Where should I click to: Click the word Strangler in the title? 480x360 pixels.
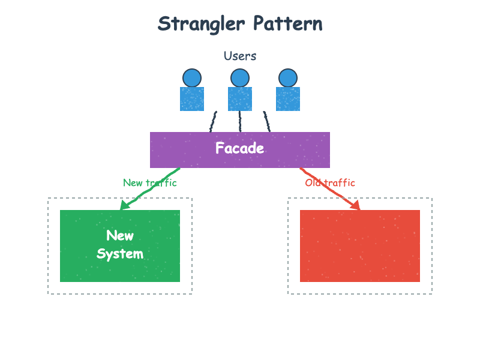202,24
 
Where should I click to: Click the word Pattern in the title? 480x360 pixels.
287,24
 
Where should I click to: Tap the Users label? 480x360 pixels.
240,56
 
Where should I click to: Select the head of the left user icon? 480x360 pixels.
192,78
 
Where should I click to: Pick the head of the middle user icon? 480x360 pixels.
240,78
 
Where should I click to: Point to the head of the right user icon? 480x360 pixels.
288,78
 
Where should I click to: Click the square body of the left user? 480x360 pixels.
192,99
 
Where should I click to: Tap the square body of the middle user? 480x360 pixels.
240,99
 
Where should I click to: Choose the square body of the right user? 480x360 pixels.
288,99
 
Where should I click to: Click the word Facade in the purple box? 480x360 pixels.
240,148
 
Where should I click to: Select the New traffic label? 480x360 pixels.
150,182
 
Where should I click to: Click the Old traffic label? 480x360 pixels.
330,182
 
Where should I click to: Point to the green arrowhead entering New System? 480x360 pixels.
124,206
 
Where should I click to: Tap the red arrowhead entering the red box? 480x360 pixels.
356,206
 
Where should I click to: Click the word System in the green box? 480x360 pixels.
120,254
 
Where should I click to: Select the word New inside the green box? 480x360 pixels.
120,235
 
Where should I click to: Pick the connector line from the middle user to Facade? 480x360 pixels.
240,121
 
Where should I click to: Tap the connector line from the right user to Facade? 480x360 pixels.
267,121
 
